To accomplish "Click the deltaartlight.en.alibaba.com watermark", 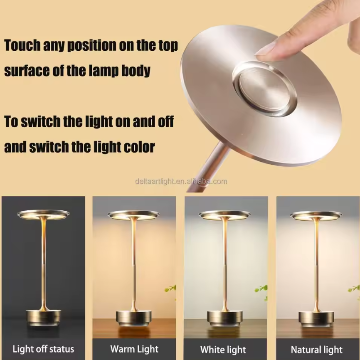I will tap(181, 182).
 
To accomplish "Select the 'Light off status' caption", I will tap(43, 349).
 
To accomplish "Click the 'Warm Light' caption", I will tap(134, 349).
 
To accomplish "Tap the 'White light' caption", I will tap(223, 350).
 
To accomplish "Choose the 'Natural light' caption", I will tap(316, 350).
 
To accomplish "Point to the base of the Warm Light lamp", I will tap(134, 318).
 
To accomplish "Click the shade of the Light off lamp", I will tap(43, 214).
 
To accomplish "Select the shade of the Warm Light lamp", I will tap(134, 215).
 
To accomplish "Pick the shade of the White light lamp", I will tap(225, 215).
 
